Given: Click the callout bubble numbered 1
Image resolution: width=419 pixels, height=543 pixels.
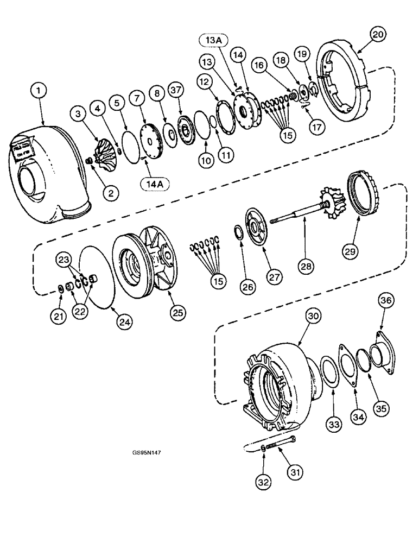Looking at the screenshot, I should [38, 92].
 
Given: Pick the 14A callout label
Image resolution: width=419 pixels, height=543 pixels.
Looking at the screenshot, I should [155, 184].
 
